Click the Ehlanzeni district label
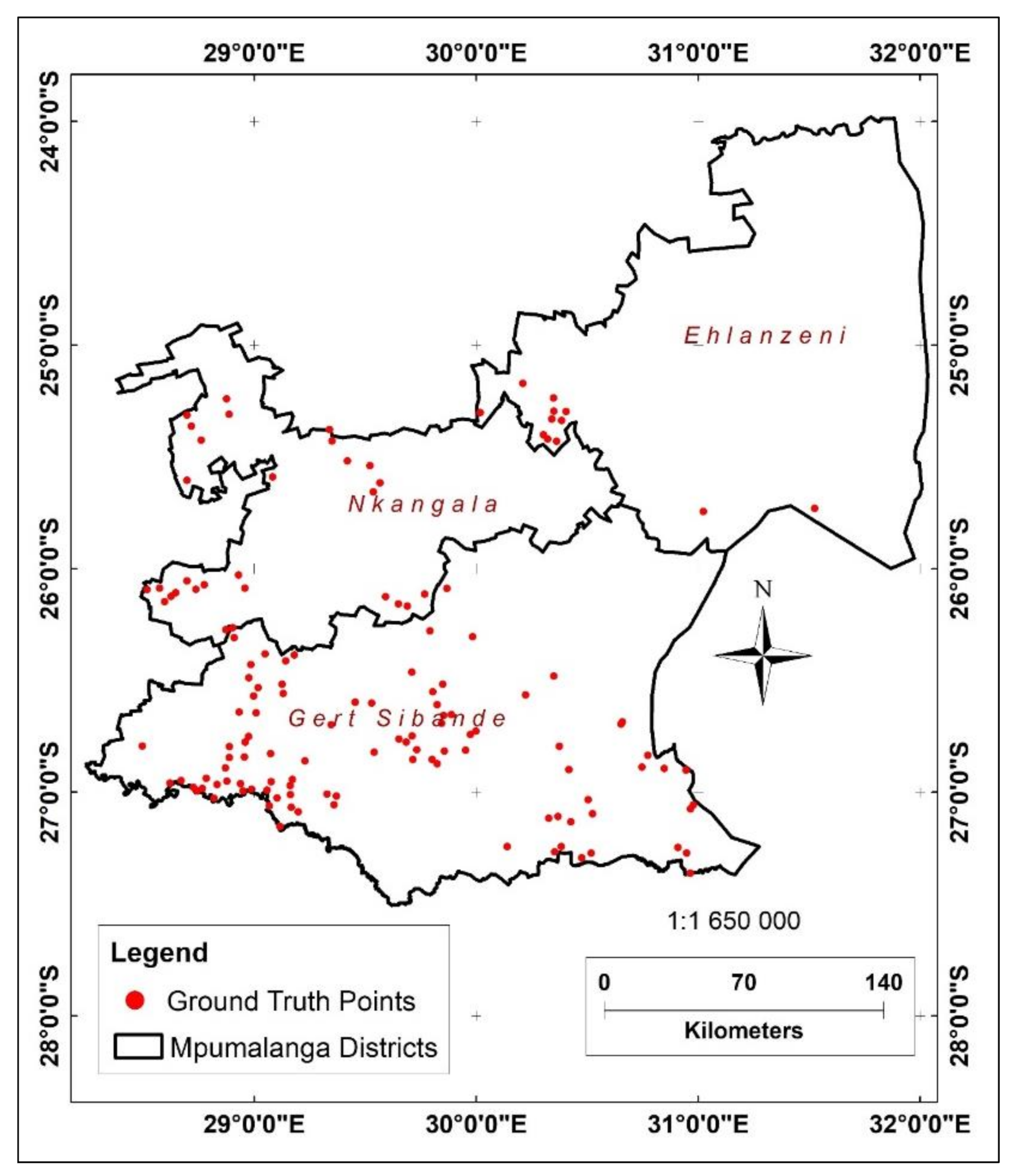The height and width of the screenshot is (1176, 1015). point(765,336)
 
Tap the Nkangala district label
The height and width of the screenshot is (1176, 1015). point(423,504)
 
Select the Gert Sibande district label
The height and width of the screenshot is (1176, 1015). point(397,719)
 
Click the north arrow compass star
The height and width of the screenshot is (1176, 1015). point(763,655)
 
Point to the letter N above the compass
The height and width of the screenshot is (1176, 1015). point(763,590)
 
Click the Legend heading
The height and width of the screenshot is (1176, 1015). point(159,953)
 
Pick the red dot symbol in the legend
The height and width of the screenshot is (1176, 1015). point(135,1000)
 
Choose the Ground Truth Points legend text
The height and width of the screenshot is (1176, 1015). point(291,1001)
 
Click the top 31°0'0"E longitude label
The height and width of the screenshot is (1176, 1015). point(698,53)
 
